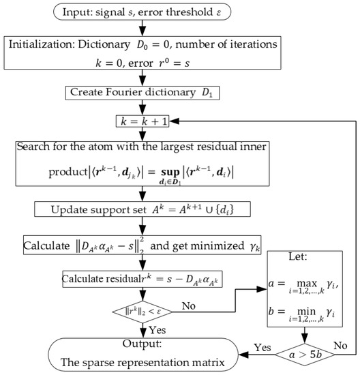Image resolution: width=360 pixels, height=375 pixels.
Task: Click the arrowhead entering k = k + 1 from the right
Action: coord(172,121)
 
